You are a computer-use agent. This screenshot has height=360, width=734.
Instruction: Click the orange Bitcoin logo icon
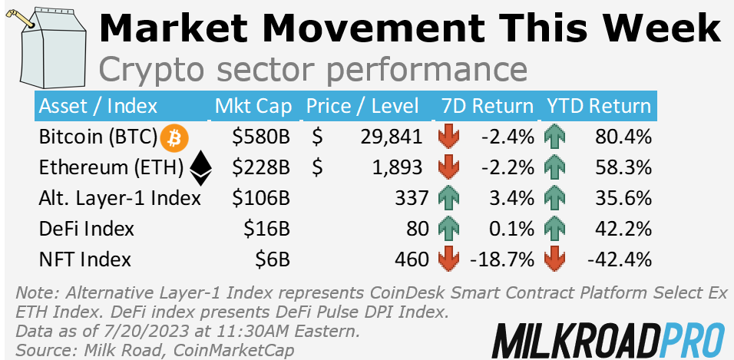click(174, 137)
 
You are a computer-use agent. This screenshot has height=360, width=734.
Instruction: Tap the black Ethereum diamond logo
click(201, 167)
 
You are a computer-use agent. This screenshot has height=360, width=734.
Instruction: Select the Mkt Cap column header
click(253, 106)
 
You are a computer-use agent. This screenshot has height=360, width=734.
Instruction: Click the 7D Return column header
click(487, 106)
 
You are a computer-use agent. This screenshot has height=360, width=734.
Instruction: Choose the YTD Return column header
click(598, 106)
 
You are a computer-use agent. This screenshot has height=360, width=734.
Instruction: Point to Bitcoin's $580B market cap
click(262, 137)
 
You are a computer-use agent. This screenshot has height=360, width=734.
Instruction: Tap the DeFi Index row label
click(86, 228)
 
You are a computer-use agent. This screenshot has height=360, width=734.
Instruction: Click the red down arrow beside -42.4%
click(553, 259)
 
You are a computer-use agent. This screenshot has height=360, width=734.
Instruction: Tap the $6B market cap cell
click(273, 259)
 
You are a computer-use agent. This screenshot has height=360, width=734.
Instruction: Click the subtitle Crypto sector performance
click(313, 70)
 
